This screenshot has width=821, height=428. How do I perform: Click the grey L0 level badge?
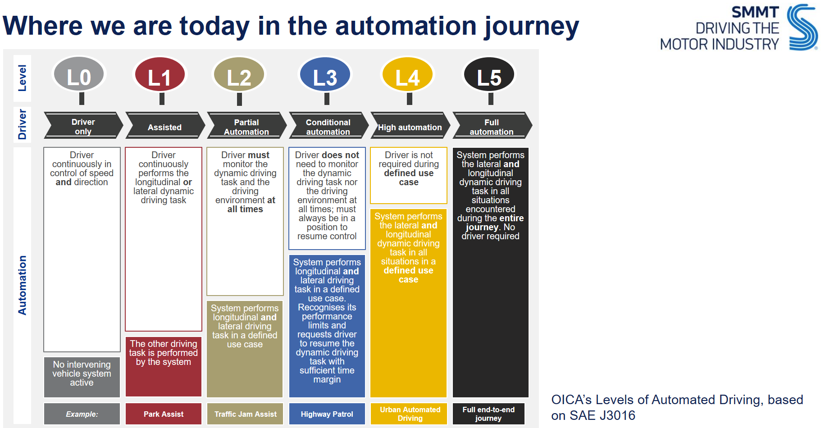79,75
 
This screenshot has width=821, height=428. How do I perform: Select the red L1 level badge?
160,75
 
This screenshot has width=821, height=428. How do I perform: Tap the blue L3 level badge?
325,75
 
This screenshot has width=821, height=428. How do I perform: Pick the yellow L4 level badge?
407,75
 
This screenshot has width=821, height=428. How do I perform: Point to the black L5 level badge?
489,75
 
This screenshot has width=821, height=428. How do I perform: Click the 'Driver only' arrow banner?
83,126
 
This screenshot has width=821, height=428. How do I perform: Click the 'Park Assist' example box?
163,414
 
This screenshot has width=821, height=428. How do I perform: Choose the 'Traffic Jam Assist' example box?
245,414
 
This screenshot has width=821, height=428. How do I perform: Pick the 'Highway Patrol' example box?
327,414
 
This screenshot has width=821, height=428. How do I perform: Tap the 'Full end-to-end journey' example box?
488,414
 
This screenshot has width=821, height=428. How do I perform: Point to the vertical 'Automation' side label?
22,285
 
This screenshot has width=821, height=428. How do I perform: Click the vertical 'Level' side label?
22,78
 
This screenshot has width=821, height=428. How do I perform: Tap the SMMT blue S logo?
802,27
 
